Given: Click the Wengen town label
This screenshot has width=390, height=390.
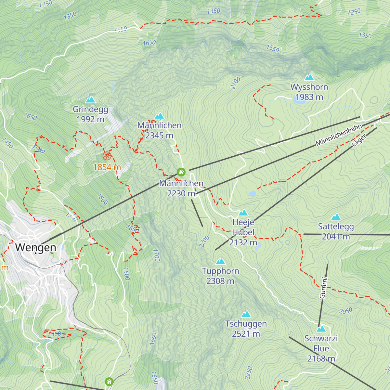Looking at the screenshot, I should pos(35,247).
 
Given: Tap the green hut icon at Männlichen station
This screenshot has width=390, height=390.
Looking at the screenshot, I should pos(181,172).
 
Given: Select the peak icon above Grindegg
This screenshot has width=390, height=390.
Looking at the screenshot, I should pos(90,99).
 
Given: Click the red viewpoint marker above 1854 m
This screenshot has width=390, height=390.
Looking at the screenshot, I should pos(107,156).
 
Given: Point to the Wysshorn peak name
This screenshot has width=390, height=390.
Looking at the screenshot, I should pos(309,87).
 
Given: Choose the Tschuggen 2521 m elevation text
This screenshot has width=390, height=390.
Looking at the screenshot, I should pos(246,334).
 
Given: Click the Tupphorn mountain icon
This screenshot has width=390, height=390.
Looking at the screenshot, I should pos(220,261).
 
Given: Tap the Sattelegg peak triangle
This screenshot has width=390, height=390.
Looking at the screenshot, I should pos(336,217).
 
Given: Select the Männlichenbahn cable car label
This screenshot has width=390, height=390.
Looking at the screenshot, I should pos(339,135).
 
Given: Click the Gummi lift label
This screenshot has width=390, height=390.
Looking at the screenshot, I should pos(323,288).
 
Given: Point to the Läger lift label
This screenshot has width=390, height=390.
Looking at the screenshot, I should pos(359,141).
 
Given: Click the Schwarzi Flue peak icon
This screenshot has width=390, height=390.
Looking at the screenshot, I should pos(321,329).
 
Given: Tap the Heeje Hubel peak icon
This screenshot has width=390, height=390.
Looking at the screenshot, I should pos(243,213).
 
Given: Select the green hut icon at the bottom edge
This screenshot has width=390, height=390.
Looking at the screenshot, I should pos(109,381).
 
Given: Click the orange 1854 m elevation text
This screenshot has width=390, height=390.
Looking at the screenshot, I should pos(107,167).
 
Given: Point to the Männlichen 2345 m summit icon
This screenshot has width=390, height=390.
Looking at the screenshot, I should pos(159,116).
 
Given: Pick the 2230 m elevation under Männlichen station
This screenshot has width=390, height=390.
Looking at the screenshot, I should pos(181,194).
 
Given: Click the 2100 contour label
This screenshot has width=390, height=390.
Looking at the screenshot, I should pos(235,83).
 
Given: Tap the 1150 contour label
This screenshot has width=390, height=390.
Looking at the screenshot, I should pos(45,4).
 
